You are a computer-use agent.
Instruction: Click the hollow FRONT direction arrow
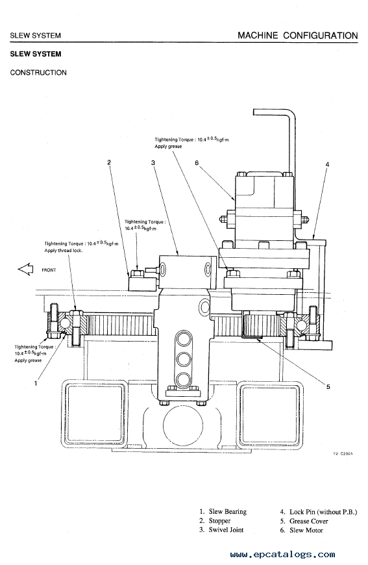click(25, 269)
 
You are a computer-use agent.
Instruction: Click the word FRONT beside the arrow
click(49, 270)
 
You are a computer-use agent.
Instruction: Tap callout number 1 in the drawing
click(36, 383)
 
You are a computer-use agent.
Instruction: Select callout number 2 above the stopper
click(109, 162)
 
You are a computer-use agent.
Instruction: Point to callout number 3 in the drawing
click(153, 163)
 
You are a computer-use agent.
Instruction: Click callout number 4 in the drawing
click(327, 165)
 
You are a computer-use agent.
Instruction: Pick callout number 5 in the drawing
click(328, 386)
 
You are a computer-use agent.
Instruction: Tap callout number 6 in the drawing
click(197, 163)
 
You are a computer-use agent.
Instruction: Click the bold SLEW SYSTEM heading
click(36, 54)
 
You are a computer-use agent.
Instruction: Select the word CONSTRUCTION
click(38, 73)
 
